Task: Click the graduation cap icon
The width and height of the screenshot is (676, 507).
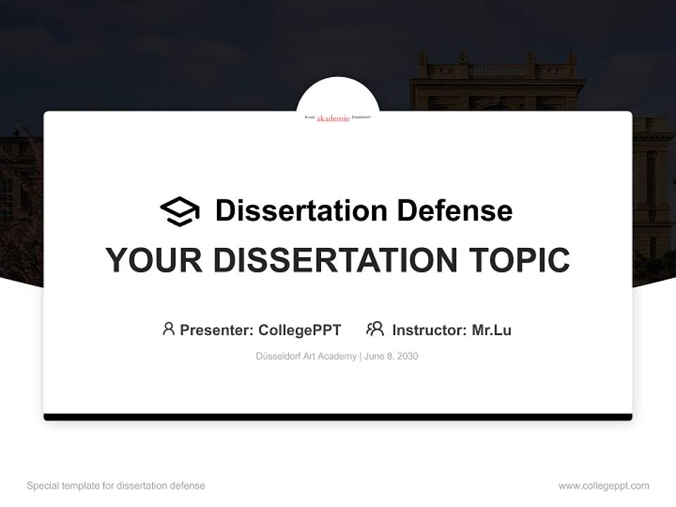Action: pyautogui.click(x=180, y=211)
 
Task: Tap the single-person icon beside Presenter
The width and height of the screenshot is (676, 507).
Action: pyautogui.click(x=168, y=329)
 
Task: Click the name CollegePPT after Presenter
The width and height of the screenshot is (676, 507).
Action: pyautogui.click(x=299, y=330)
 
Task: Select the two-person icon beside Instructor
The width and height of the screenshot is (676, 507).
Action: pyautogui.click(x=375, y=329)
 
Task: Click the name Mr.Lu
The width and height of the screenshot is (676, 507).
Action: pyautogui.click(x=492, y=330)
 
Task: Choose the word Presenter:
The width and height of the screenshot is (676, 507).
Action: pyautogui.click(x=217, y=330)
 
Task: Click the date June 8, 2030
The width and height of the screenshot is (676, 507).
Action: pyautogui.click(x=392, y=356)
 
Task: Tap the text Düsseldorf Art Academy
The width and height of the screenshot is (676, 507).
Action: pyautogui.click(x=306, y=356)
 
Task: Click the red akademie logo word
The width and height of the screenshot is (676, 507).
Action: pyautogui.click(x=333, y=118)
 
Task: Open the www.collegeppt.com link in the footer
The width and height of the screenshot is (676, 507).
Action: pyautogui.click(x=603, y=486)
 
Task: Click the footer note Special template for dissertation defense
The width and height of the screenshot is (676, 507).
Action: pyautogui.click(x=116, y=486)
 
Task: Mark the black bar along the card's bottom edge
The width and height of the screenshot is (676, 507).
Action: pyautogui.click(x=338, y=417)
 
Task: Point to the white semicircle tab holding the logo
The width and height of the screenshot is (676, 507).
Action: pyautogui.click(x=338, y=95)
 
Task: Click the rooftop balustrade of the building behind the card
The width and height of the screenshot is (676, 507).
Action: pyautogui.click(x=497, y=71)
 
